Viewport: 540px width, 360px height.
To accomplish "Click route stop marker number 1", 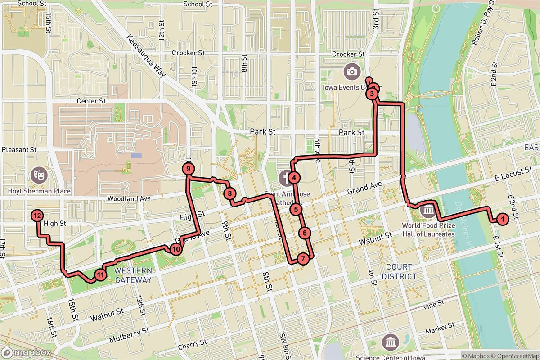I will pos(502,219).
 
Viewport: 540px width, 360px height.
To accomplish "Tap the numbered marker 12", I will pos(37,216).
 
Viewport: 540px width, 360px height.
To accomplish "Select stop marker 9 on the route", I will pos(188,169).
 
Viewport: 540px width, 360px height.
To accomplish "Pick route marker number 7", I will pos(303,259).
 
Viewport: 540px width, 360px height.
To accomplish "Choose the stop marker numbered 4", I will pos(294,178).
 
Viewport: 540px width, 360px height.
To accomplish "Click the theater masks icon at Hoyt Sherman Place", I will pos(37,175).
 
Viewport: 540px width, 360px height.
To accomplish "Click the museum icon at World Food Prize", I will pos(428,210).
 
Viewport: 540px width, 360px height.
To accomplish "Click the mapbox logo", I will pos(26,352).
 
